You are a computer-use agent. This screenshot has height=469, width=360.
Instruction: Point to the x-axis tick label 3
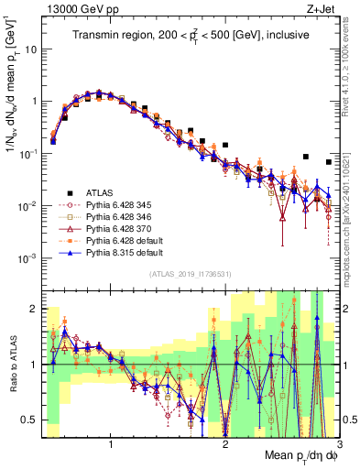[339, 444]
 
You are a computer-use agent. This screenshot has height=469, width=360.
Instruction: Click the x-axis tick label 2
[225, 444]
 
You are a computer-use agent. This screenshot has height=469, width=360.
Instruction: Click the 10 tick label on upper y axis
[28, 49]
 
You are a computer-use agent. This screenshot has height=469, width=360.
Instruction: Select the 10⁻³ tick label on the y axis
[26, 258]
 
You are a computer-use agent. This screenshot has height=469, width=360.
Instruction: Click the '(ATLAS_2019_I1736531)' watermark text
[190, 274]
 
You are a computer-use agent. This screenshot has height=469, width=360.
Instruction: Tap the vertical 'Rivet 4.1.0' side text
[352, 92]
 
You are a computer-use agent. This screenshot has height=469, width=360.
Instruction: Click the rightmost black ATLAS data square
[329, 162]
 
